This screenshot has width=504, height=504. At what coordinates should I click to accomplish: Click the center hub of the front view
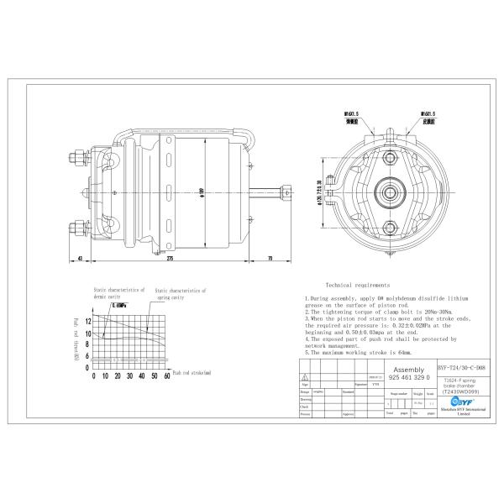point(391,192)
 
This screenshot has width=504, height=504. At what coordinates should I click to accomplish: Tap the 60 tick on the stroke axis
point(167,377)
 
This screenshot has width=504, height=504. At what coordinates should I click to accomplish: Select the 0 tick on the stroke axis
point(94,377)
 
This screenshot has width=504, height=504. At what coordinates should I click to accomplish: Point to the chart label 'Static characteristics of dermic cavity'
point(118,291)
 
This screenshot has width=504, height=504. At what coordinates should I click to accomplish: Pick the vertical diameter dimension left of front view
point(320,192)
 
